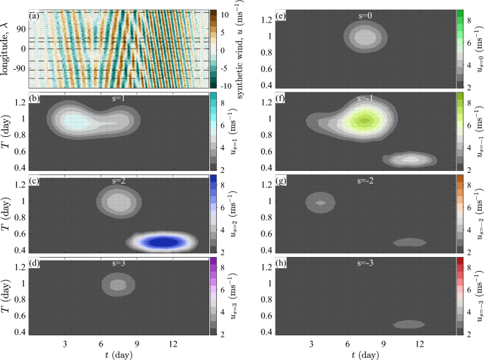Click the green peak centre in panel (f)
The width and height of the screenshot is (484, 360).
tap(365, 121)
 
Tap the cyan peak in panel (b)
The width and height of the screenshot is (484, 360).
tap(74, 121)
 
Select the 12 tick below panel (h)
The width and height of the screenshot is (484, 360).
tap(420, 343)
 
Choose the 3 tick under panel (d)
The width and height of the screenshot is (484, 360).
tap(65, 343)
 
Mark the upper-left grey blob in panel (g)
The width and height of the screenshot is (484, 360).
tap(320, 203)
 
